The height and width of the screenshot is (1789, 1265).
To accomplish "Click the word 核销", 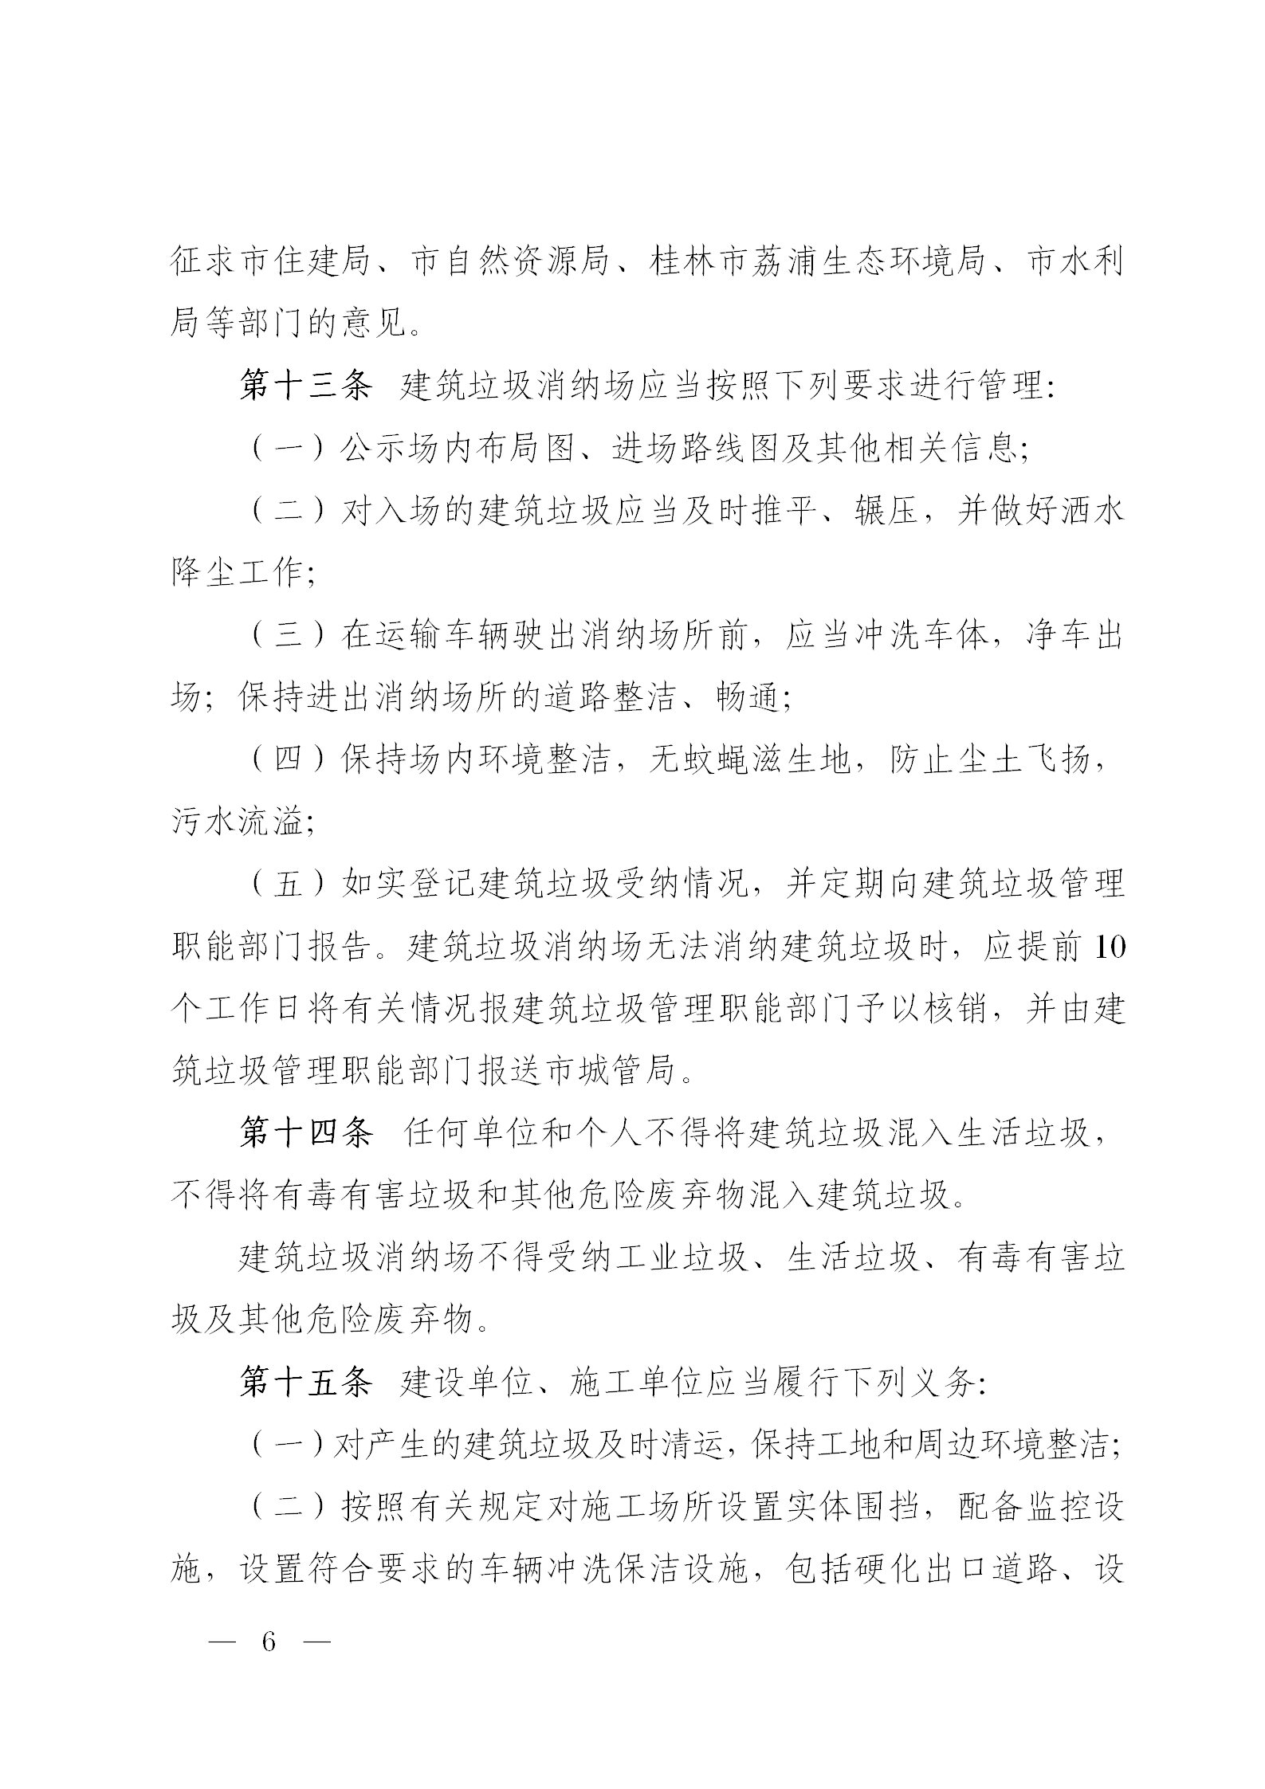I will click(x=954, y=1010).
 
